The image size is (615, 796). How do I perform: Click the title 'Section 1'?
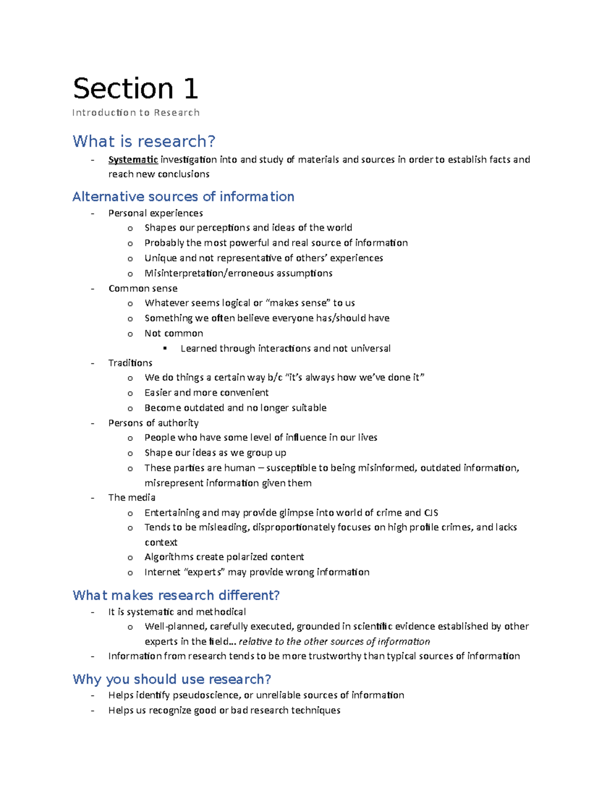(135, 88)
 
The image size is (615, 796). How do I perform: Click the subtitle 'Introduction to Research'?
(136, 113)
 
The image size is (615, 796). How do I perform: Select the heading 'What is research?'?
(144, 141)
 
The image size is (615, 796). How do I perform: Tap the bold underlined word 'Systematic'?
(133, 159)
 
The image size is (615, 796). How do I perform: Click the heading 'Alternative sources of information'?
(183, 196)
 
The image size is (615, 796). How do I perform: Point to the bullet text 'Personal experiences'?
(155, 213)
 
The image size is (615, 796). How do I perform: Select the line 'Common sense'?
(142, 288)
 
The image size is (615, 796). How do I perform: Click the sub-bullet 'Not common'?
(174, 333)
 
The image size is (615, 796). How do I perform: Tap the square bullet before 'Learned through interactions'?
(165, 349)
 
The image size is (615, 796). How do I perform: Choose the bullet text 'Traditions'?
(130, 363)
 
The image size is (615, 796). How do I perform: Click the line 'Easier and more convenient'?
(207, 393)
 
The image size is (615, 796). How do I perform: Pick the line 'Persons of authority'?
(153, 423)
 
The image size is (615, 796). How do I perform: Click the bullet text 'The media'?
(132, 497)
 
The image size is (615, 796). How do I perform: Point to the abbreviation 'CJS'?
(431, 513)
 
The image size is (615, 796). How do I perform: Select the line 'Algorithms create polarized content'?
(224, 557)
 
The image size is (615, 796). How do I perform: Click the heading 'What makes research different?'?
(176, 595)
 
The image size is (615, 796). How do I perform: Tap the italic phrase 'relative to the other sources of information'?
(334, 641)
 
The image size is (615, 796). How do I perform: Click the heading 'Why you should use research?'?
(172, 679)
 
